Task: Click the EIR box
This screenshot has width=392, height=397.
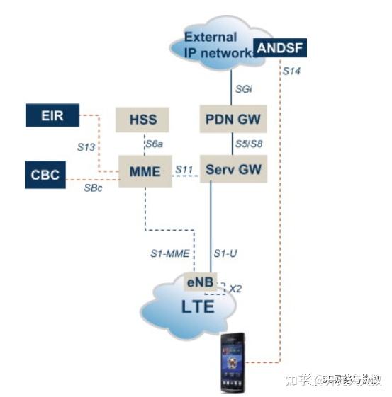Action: pos(52,115)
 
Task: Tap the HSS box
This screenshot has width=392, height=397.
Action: pos(143,119)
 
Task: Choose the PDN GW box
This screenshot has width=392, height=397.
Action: pos(233,119)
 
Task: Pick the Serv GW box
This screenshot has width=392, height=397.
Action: pos(233,171)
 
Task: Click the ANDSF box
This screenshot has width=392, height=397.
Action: pos(280,49)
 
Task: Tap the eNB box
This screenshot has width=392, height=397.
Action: pos(199,282)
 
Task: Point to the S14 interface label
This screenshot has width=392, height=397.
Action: pos(291,71)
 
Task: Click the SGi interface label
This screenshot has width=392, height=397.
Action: pos(243,90)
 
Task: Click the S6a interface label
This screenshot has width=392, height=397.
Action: pos(155,146)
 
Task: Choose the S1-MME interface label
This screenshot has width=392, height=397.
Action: pos(167,253)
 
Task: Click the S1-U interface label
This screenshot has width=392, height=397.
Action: pos(225,253)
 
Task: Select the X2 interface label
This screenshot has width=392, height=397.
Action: pos(235,289)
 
